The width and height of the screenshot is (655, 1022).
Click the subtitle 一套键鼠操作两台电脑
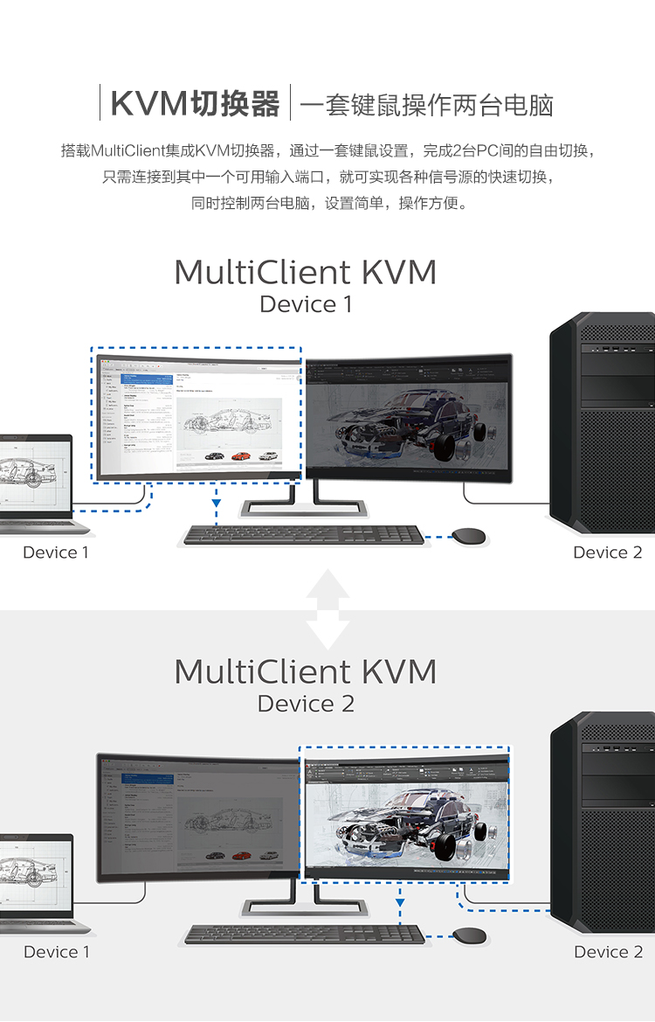[426, 105]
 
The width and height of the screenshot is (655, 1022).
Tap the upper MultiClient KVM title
[305, 272]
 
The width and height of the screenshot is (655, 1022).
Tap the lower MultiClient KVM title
[305, 671]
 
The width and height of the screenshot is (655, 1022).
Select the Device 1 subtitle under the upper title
[306, 304]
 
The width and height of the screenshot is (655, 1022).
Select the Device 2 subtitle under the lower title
[306, 704]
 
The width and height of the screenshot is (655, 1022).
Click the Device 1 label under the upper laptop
[55, 553]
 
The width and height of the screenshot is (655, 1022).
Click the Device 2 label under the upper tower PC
[607, 553]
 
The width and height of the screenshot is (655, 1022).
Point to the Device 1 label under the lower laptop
[56, 952]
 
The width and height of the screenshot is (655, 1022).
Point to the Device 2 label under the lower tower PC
[608, 952]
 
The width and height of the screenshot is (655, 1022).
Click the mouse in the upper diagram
[470, 535]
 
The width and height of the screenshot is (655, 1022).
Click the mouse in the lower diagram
[470, 935]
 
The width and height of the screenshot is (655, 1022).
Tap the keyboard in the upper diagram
[304, 534]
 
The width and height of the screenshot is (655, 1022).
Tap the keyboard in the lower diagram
[304, 934]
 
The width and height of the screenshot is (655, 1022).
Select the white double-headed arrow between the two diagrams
[328, 609]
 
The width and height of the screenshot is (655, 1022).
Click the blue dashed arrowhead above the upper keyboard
[216, 503]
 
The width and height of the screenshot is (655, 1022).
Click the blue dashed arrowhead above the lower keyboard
[400, 901]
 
